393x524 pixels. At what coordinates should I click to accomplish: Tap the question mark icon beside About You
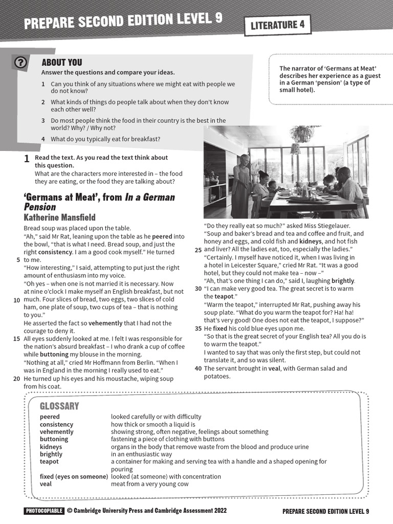click(20, 62)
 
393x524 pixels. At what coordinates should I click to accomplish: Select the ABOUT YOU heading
click(61, 62)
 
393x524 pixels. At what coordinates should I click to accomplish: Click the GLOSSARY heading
click(59, 406)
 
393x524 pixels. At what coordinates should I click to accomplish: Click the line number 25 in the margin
click(198, 250)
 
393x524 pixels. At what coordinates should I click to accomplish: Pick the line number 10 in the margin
click(17, 300)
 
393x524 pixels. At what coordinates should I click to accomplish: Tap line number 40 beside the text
click(198, 368)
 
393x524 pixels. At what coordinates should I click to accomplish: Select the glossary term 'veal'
click(46, 484)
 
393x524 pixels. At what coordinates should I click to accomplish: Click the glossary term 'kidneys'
click(51, 447)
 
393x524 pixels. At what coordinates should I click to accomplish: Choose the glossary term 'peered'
click(50, 417)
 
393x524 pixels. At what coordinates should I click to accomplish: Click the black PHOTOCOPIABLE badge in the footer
click(44, 511)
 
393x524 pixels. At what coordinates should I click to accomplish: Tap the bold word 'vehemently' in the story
click(106, 323)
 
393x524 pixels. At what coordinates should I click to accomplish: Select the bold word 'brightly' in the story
click(343, 281)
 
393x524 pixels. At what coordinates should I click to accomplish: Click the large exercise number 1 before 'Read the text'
click(27, 159)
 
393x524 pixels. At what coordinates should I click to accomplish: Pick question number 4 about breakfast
click(43, 139)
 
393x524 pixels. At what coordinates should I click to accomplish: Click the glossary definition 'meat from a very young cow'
click(149, 484)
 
